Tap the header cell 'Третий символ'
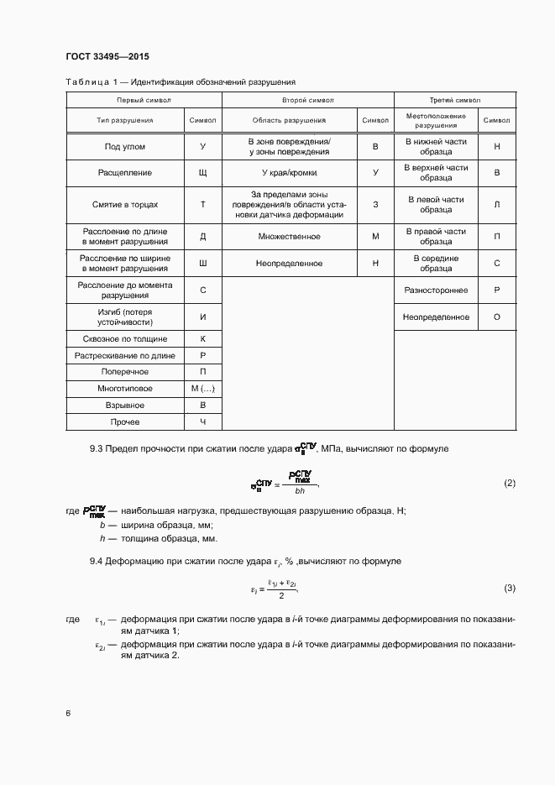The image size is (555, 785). [x=454, y=100]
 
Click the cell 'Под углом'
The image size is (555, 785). [x=125, y=147]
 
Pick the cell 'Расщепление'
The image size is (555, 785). [x=125, y=173]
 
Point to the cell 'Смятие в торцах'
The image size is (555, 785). [x=125, y=205]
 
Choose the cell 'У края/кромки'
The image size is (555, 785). [x=289, y=173]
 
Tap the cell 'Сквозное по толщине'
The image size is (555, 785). [x=125, y=339]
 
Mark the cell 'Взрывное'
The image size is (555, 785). [x=125, y=406]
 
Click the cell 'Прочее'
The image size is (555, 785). [x=125, y=421]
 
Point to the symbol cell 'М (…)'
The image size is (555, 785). [x=203, y=389]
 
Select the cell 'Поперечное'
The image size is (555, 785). [x=125, y=372]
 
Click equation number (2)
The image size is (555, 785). [x=509, y=484]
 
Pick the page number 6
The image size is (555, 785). [x=68, y=713]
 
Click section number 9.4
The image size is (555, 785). [x=97, y=560]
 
